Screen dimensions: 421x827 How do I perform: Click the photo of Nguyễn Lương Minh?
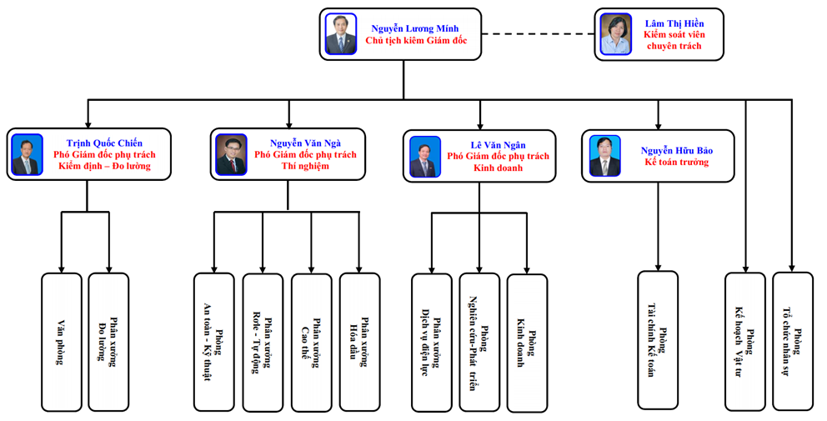[340, 34]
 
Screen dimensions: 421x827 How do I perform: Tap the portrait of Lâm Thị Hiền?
[617, 34]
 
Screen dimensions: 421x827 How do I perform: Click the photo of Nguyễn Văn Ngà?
[231, 155]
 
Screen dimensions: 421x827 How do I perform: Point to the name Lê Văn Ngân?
[498, 145]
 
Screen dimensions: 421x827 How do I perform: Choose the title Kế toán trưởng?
[677, 162]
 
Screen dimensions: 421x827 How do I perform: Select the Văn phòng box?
[62, 341]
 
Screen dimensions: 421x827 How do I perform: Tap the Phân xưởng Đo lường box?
[108, 341]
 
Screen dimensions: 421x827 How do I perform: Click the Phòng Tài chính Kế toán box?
[658, 340]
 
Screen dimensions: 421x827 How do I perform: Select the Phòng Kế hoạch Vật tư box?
[744, 341]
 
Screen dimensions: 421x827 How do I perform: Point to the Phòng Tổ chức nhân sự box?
[792, 341]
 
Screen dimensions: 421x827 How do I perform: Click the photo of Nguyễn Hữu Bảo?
[605, 156]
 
